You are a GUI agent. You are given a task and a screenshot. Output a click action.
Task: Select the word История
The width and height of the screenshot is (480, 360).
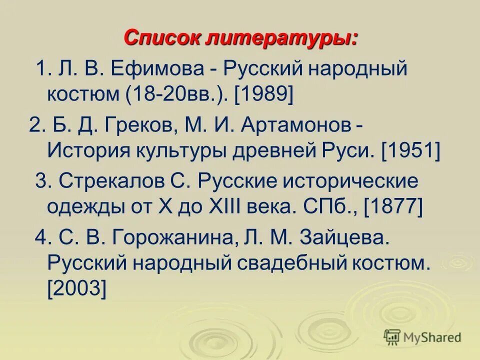pyautogui.click(x=85, y=149)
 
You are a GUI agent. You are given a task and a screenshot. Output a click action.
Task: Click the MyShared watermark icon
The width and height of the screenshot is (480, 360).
pyautogui.click(x=392, y=337)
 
